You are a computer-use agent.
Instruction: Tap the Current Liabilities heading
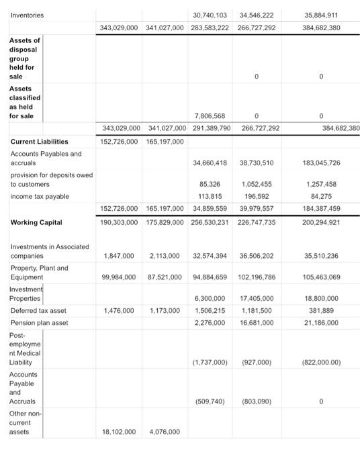(40, 142)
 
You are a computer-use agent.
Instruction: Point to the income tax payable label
(40, 195)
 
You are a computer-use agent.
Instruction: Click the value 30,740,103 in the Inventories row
(209, 14)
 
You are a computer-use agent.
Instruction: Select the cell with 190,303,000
(120, 222)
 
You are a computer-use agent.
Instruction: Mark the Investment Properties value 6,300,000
(212, 297)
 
